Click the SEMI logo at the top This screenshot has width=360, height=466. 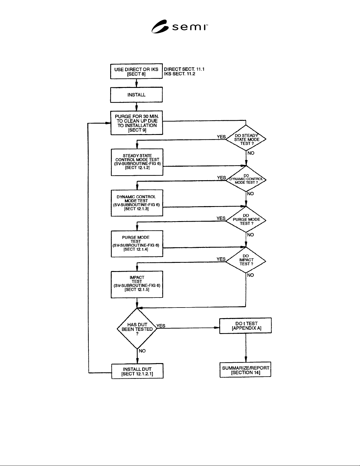[180, 26]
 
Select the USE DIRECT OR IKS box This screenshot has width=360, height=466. [136, 71]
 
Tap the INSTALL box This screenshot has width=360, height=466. [136, 95]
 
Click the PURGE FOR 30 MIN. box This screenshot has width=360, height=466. [137, 123]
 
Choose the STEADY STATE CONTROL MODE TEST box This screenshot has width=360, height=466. [137, 162]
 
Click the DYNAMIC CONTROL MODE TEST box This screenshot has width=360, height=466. [137, 203]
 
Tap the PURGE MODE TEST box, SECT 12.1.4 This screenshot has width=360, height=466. [137, 244]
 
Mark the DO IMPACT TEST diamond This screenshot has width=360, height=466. [246, 260]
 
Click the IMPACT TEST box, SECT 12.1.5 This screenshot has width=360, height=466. [137, 284]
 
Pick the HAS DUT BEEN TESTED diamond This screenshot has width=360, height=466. [137, 328]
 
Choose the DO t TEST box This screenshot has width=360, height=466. [246, 325]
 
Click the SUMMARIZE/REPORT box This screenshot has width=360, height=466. [246, 370]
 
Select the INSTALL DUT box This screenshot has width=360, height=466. [137, 371]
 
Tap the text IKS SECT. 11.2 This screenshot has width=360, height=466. [180, 74]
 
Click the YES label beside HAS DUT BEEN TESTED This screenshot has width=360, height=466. [161, 326]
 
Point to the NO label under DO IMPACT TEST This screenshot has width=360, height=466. [250, 275]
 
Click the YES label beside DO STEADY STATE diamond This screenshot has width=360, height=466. [221, 137]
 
